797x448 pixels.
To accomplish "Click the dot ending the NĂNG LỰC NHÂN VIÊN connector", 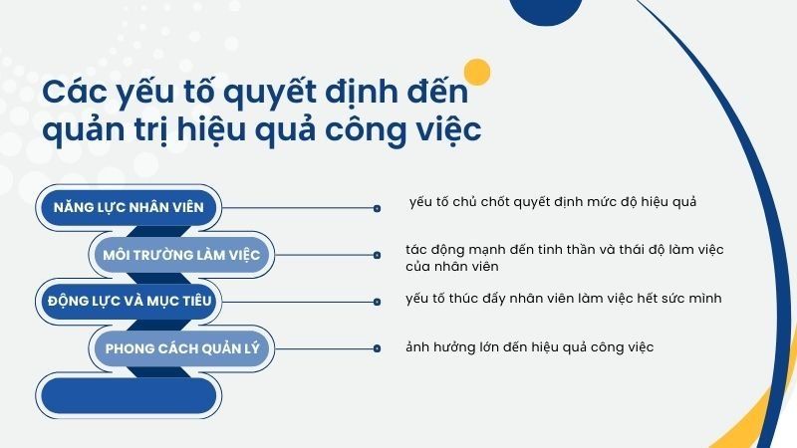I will click(377, 209).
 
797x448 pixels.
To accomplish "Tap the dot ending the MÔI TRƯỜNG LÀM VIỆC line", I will click(377, 256).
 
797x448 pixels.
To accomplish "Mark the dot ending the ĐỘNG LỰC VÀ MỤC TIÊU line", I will click(377, 301).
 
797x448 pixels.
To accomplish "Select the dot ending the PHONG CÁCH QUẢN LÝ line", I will click(377, 348).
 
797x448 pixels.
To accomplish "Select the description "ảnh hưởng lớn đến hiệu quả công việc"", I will click(529, 346).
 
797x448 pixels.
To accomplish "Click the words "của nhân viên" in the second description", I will click(451, 266).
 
